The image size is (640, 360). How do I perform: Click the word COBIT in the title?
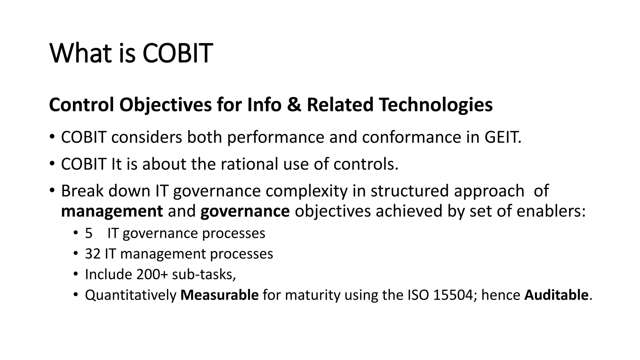[x=177, y=53]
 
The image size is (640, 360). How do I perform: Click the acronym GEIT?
[x=502, y=137]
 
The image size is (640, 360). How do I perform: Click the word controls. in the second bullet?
[x=366, y=164]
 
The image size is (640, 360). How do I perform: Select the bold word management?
[x=112, y=211]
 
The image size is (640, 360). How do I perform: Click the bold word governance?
[x=245, y=211]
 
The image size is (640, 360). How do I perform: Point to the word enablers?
[x=551, y=211]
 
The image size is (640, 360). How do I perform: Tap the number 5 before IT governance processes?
[x=89, y=233]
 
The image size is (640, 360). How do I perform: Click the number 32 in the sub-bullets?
[x=92, y=254]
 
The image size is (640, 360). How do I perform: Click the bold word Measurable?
[x=219, y=295]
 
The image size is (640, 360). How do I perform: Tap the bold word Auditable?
[x=556, y=295]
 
